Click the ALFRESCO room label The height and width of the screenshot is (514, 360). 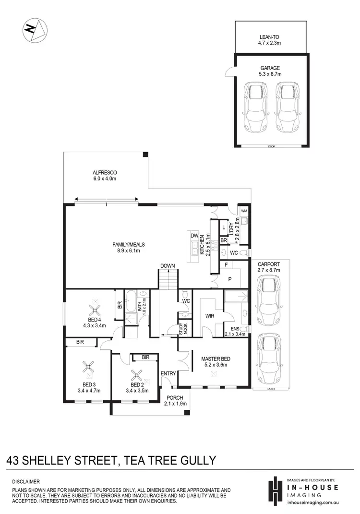105,172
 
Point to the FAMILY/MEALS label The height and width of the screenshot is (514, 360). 125,244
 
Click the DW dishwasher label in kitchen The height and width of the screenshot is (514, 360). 194,236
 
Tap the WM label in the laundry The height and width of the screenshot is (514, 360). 243,211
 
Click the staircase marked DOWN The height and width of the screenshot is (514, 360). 168,278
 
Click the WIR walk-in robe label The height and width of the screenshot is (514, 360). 209,316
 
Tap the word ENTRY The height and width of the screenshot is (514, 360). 168,373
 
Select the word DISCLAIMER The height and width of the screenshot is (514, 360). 27,481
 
